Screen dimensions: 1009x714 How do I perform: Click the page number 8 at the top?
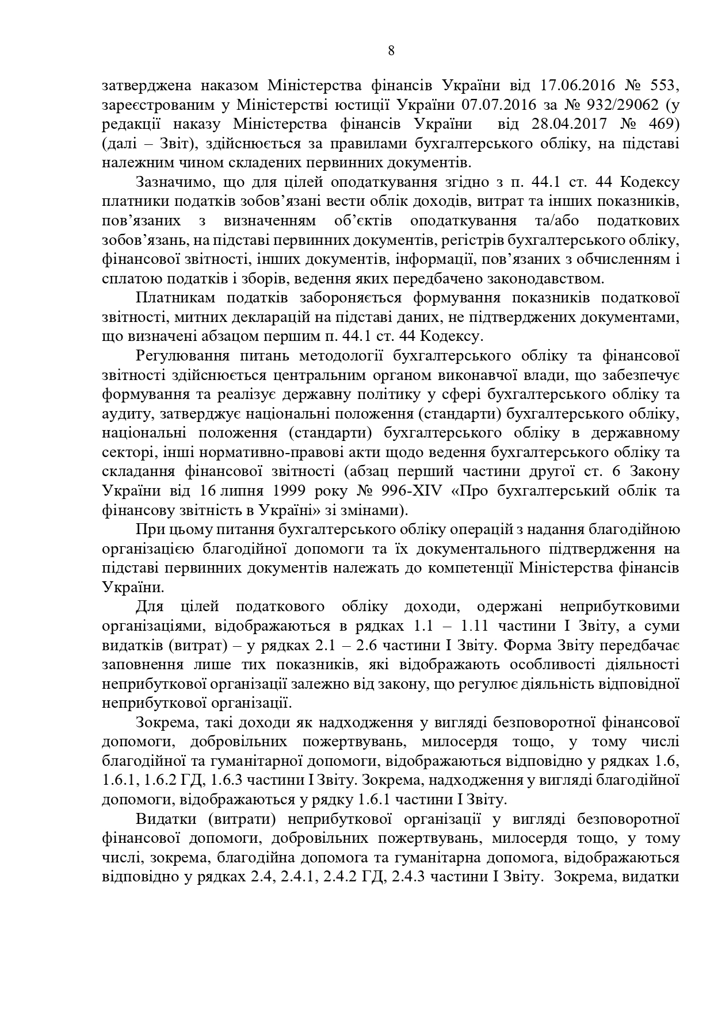pyautogui.click(x=391, y=51)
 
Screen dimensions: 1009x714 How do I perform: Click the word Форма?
pyautogui.click(x=525, y=645)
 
